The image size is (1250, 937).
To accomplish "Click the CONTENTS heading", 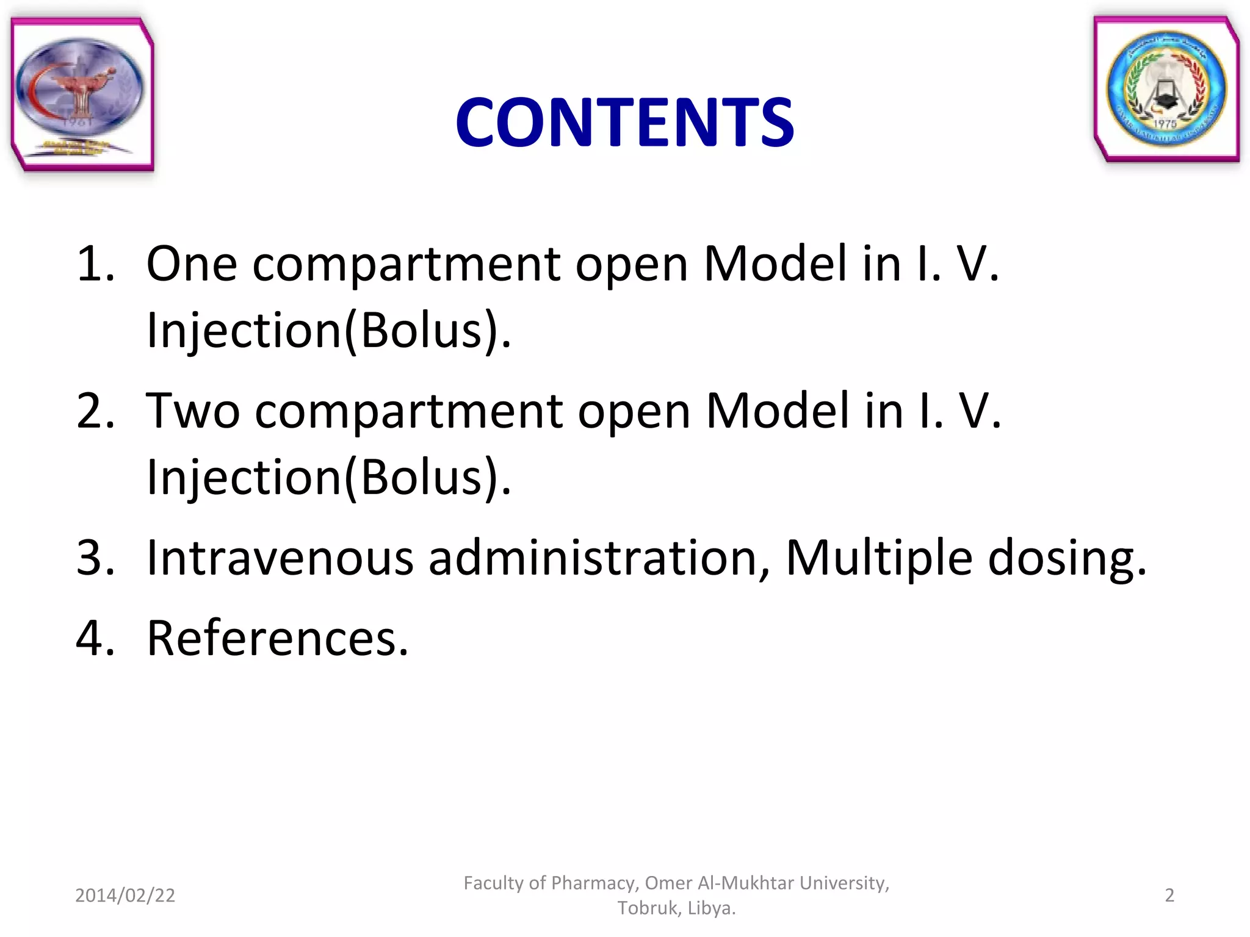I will [624, 123].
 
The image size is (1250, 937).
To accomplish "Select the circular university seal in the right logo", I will [1166, 89].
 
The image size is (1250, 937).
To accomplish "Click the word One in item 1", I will [192, 264].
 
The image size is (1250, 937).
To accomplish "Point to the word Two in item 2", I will [193, 411].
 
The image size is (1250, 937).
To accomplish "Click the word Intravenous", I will [280, 558].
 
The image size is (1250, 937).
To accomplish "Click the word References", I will [278, 639].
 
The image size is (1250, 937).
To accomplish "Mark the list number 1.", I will [95, 264].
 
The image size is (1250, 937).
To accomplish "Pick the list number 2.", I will [95, 411].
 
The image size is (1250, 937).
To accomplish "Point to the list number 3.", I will [95, 558].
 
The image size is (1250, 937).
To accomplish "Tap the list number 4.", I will [95, 639].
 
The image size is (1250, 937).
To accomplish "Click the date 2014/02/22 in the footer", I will [125, 896].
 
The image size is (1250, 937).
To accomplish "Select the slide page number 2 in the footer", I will [1169, 896].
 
